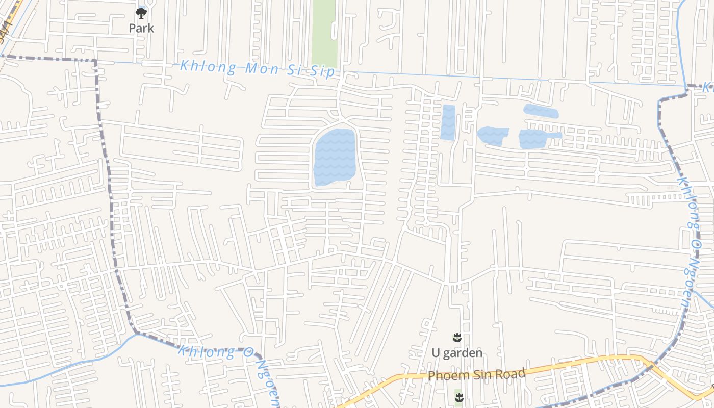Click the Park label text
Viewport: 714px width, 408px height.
[x=141, y=29]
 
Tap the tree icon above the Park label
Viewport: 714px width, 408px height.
[x=141, y=13]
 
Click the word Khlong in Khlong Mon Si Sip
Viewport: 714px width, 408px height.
[x=208, y=66]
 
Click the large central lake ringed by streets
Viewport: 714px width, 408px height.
[x=334, y=157]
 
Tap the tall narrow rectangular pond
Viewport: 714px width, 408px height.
[x=448, y=122]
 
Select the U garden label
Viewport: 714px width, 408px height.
[x=457, y=353]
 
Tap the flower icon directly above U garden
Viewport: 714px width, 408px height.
[x=457, y=337]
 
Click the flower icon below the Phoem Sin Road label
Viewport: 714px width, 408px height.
[x=459, y=398]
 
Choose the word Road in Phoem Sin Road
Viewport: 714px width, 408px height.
[x=509, y=373]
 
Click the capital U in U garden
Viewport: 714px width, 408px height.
[x=436, y=353]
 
